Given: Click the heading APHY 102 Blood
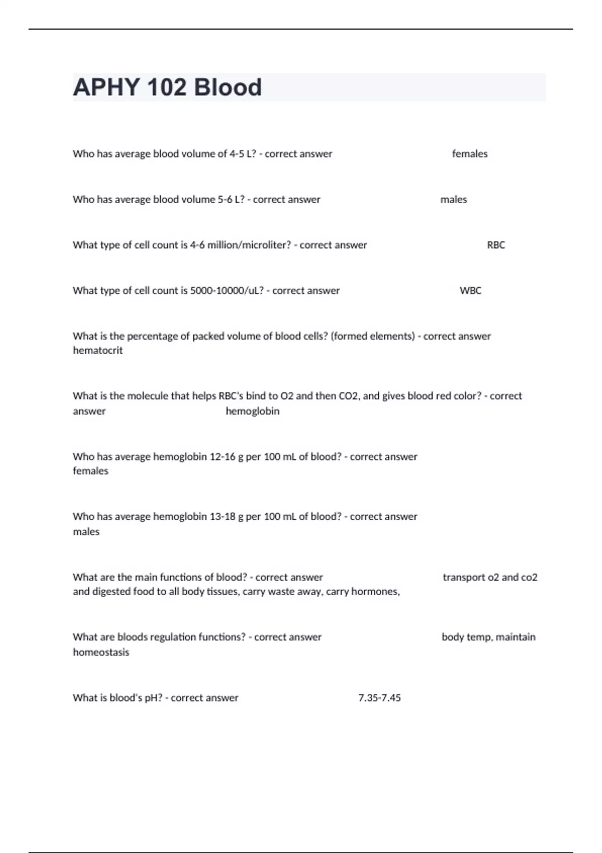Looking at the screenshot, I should tap(167, 87).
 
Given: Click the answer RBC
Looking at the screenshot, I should tap(496, 245).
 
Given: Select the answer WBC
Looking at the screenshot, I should tap(470, 291).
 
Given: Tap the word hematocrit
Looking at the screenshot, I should tap(98, 350).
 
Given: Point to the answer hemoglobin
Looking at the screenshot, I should tap(252, 411).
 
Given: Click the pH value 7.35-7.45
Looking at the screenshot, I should tap(379, 697).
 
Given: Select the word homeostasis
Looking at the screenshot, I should tap(101, 652).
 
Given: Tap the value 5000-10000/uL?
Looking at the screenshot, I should tap(227, 291).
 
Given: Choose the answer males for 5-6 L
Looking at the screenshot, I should tap(454, 199).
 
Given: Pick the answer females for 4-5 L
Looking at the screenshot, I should tap(470, 154).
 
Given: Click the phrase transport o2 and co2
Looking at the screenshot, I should tap(490, 577).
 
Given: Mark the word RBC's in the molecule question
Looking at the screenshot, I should tap(231, 396).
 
